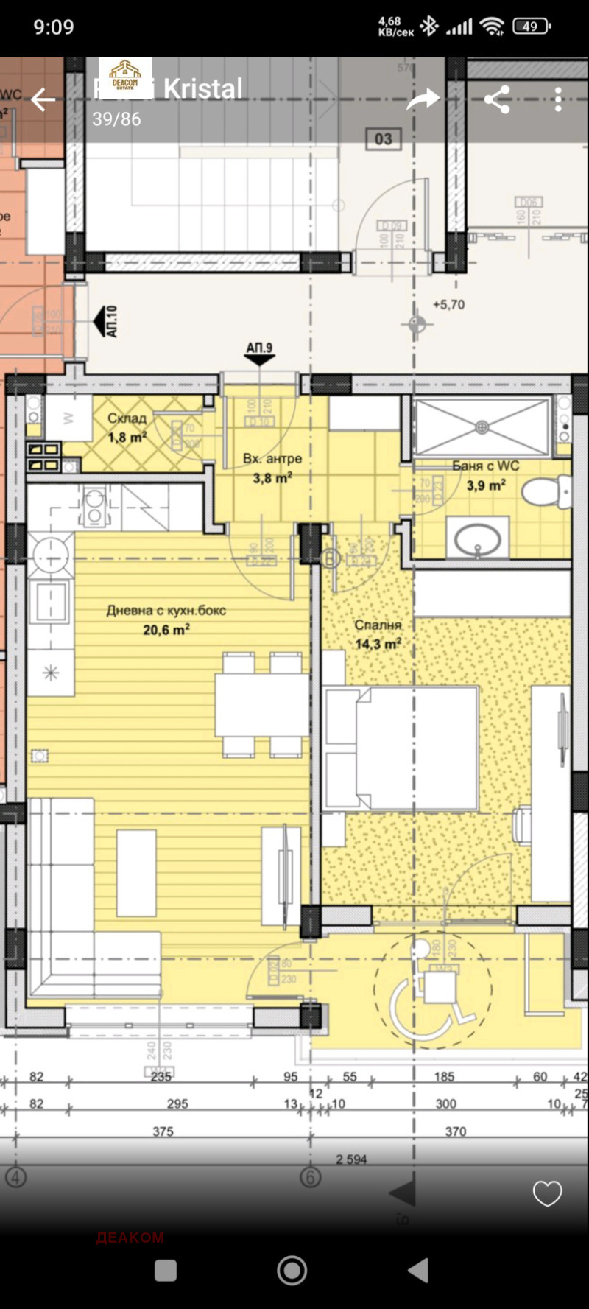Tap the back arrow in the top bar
pos(43,99)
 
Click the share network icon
pos(497,99)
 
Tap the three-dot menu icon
pos(558,99)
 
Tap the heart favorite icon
pos(547,1193)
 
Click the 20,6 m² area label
pos(166,629)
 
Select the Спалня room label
pos(378,625)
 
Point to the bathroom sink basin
pos(477,540)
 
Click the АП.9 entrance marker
pos(259,353)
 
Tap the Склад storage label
pos(127,418)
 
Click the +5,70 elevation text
pos(448,304)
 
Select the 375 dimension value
pos(163,1131)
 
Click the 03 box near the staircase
pos(383,138)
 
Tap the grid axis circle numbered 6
pos(310,1177)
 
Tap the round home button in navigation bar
pos(292,1270)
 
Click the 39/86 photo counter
pos(116,119)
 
